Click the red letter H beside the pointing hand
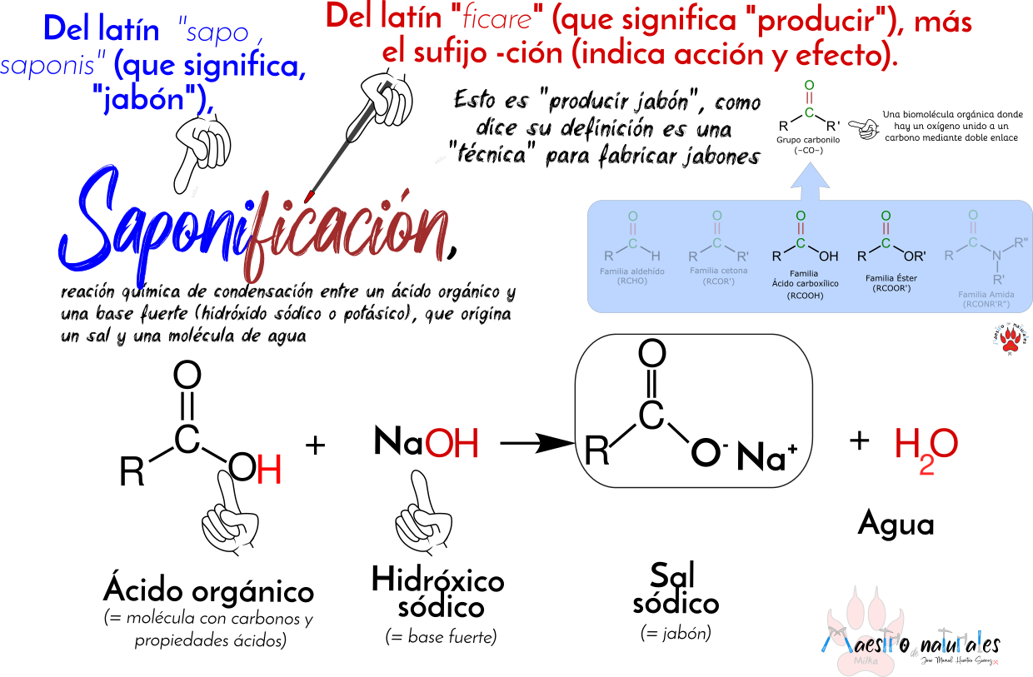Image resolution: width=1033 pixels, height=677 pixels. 269,470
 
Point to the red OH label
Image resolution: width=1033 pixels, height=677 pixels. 452,445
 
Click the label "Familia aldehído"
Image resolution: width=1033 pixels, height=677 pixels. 632,271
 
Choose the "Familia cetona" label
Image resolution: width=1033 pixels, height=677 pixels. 718,271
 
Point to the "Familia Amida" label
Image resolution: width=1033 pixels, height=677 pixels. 986,295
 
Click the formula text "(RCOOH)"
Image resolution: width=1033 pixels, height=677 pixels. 805,296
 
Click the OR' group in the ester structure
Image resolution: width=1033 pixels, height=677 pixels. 915,256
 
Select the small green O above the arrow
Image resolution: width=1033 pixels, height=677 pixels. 809,85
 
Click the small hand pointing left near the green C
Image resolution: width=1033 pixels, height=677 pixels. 865,129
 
